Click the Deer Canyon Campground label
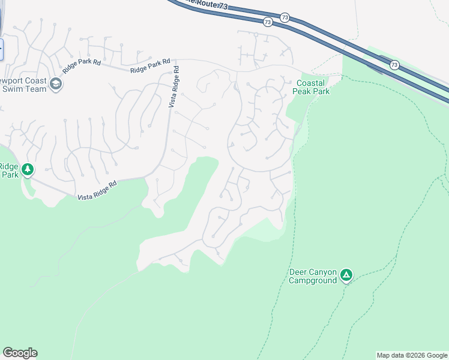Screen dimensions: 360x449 tap(313, 276)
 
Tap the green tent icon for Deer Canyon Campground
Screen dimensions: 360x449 tap(346, 275)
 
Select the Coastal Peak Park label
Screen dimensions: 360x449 tap(311, 87)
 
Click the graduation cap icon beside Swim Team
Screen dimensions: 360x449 tap(56, 84)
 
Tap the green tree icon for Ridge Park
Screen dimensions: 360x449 tap(27, 170)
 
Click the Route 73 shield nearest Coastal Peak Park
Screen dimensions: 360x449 tap(394, 65)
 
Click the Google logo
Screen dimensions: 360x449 tap(20, 353)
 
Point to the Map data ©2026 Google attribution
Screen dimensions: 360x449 tap(412, 355)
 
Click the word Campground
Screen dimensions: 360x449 tap(313, 280)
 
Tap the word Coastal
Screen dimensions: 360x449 tap(311, 83)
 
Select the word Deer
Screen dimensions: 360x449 tap(299, 272)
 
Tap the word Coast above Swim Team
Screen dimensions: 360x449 tap(34, 80)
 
